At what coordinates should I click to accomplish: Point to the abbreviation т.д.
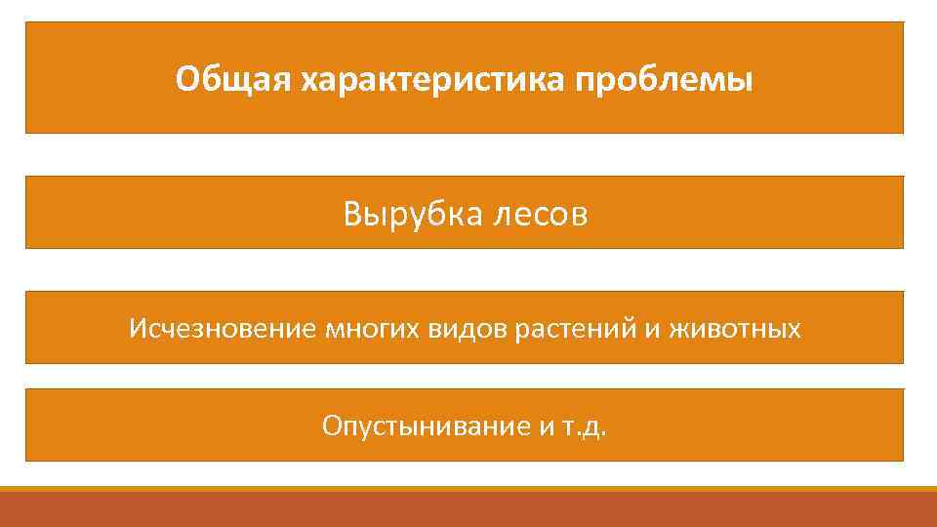[x=585, y=426]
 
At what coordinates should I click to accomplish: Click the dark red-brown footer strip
[x=468, y=509]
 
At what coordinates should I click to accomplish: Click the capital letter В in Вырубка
[x=352, y=214]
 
